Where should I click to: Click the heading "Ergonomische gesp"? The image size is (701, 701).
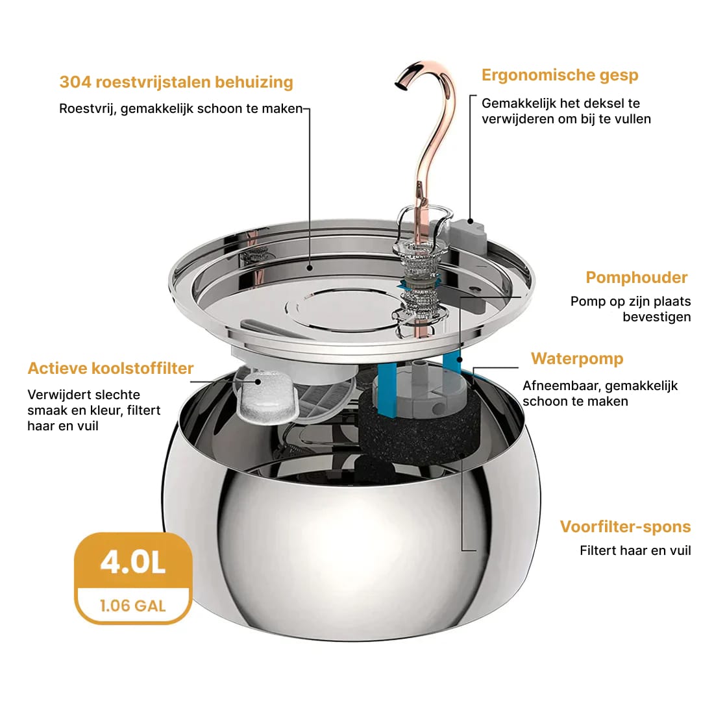[x=560, y=75]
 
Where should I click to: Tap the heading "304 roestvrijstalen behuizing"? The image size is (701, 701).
[x=176, y=82]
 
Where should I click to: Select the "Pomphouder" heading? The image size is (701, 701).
[x=637, y=278]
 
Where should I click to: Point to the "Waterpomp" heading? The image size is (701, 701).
[x=577, y=358]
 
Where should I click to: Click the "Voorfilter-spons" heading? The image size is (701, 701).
[x=626, y=526]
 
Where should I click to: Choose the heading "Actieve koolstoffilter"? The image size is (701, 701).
[x=110, y=368]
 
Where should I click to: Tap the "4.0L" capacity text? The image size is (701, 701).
[x=133, y=562]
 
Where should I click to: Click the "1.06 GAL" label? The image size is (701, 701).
[x=133, y=606]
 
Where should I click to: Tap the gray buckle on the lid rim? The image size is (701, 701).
[x=469, y=232]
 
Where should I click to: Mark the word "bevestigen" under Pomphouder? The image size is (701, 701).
[x=657, y=317]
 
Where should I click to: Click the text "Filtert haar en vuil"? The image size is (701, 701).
[x=635, y=550]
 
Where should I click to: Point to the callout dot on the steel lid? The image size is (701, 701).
[x=310, y=268]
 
